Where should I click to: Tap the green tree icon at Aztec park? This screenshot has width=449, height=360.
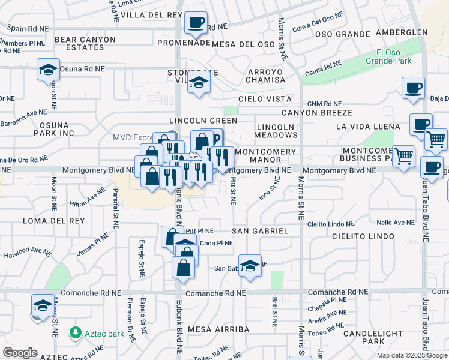click(x=76, y=332)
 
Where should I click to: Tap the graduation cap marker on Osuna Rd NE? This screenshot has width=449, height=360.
click(x=48, y=70)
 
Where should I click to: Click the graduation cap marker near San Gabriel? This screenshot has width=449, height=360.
click(x=249, y=267)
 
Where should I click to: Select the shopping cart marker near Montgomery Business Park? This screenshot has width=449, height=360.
click(x=403, y=157)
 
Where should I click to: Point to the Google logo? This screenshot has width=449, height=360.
click(x=20, y=353)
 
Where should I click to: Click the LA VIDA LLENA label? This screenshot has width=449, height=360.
click(x=367, y=127)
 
